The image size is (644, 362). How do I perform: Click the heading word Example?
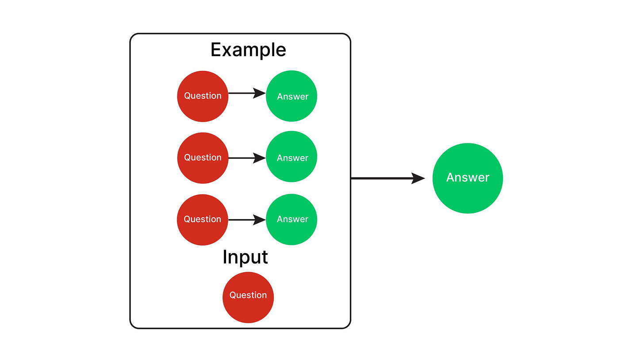coord(248,50)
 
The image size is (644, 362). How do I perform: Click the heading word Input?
coord(245,257)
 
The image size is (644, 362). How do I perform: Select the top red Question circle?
coord(203,96)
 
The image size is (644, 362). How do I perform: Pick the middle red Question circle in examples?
coord(203,158)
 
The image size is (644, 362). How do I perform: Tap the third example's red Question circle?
coord(203,220)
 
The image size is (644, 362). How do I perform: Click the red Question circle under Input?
coord(248,297)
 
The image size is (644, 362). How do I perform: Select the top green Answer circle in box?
coord(292,96)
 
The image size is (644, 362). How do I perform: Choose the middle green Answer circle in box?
coord(292,158)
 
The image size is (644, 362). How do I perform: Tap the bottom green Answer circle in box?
coord(292,220)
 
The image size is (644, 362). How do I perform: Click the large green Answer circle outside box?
coord(468,178)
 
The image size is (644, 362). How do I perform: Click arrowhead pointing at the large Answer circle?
coord(418,178)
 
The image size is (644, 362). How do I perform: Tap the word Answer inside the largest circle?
coord(468,178)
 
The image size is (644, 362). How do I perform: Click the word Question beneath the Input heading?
coord(248,295)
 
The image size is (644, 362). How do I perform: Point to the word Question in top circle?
coord(203,96)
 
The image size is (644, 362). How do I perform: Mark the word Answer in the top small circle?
coord(292,96)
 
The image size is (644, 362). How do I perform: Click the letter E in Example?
coord(215,50)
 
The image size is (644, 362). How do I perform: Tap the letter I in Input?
coord(225,257)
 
